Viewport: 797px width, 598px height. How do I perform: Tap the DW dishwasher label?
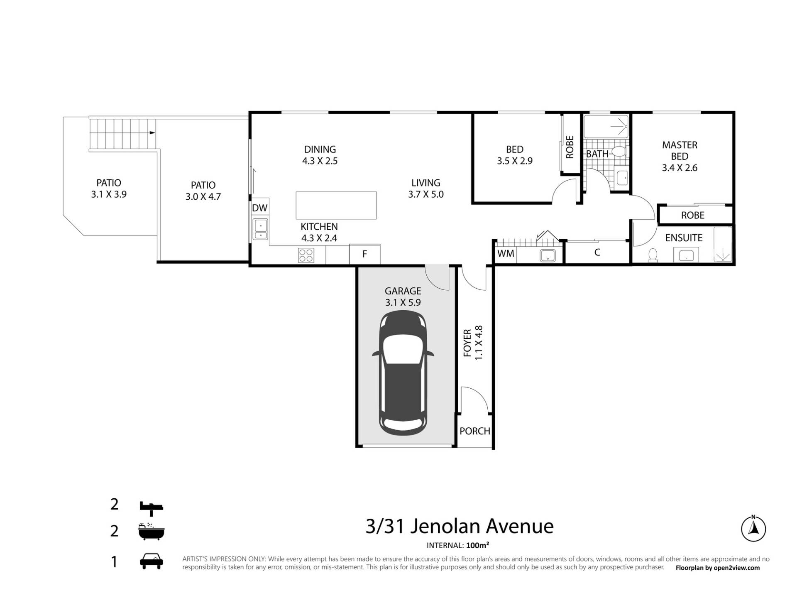[260, 208]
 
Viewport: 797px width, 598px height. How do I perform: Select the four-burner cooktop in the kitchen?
[306, 255]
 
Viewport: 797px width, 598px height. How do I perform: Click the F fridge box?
[364, 254]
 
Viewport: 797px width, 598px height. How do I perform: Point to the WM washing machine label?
[506, 253]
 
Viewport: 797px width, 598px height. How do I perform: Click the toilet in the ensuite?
[653, 255]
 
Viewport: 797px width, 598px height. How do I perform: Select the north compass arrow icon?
[753, 529]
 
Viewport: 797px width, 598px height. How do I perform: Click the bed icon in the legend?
[152, 507]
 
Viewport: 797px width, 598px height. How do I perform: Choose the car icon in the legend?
[152, 561]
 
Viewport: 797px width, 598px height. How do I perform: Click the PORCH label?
[475, 431]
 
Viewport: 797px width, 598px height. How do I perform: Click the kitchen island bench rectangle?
[336, 205]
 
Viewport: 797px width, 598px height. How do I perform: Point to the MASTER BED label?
[680, 151]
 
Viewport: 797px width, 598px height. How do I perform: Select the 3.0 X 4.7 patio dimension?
[203, 196]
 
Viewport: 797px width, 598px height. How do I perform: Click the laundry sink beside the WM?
[548, 255]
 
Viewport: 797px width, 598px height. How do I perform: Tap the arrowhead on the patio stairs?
[152, 132]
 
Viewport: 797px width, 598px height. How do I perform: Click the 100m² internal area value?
[477, 545]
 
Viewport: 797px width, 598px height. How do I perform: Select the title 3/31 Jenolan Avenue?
[460, 526]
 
